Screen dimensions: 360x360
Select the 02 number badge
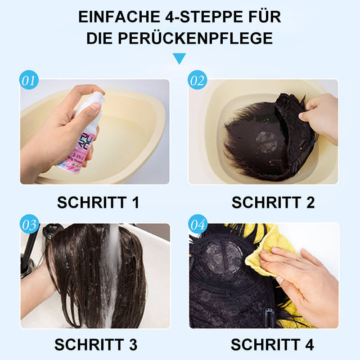pyautogui.click(x=197, y=81)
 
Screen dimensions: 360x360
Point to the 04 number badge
pyautogui.click(x=197, y=225)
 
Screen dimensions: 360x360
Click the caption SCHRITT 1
pyautogui.click(x=98, y=202)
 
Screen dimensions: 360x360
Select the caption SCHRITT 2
pyautogui.click(x=273, y=202)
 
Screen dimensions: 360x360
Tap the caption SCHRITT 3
pyautogui.click(x=96, y=345)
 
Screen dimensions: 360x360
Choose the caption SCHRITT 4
pyautogui.click(x=272, y=345)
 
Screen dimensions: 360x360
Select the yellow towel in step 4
pyautogui.click(x=270, y=247)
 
